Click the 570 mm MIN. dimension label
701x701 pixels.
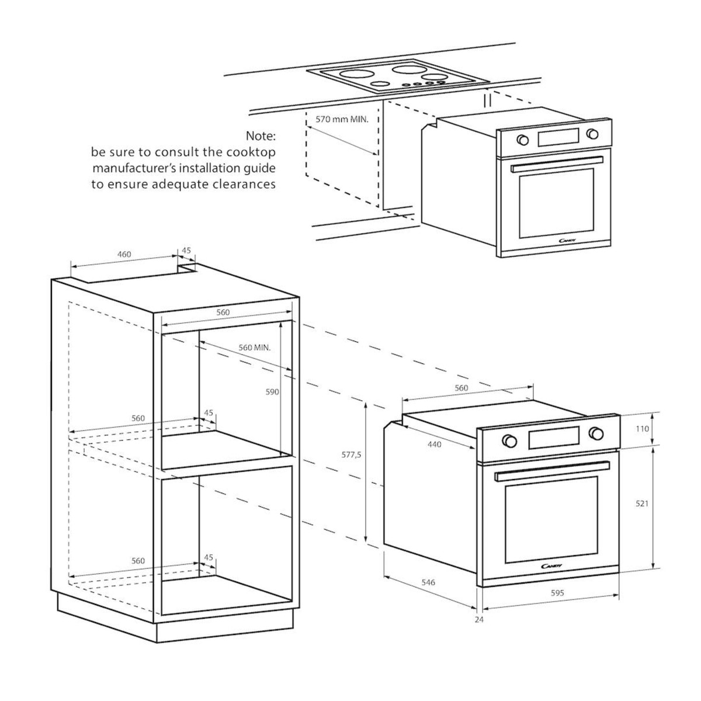pos(342,119)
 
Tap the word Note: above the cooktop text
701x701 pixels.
pos(261,136)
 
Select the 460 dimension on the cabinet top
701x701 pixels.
pos(124,254)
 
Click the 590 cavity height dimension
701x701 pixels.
pos(272,392)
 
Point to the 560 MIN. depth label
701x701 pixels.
pos(255,348)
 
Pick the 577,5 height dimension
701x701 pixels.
pos(352,454)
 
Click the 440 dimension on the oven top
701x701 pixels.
pos(435,444)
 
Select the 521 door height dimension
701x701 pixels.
pos(641,504)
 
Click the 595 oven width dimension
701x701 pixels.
pos(557,593)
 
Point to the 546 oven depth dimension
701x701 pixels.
pos(428,582)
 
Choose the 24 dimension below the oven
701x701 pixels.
pos(480,619)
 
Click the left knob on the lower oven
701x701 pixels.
pos(509,440)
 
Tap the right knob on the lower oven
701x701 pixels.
pos(596,433)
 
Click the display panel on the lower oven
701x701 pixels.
pos(554,438)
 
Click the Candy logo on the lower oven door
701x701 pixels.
pos(552,566)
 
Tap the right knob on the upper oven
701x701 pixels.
pos(592,134)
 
